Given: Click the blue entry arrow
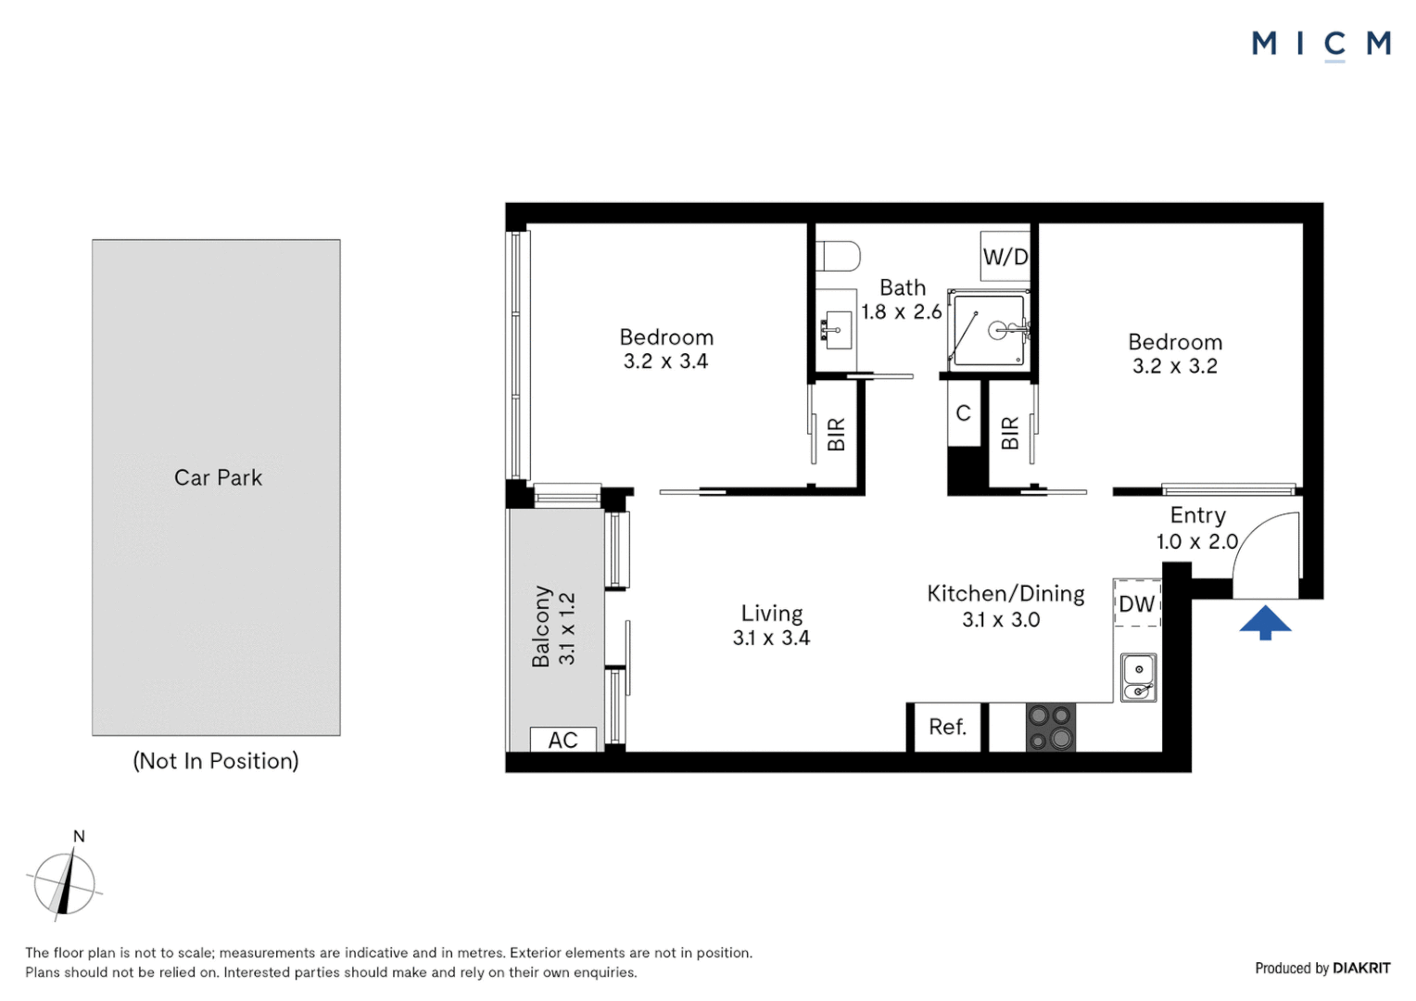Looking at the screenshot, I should click(x=1265, y=622).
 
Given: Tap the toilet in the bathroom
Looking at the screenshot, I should click(x=838, y=256).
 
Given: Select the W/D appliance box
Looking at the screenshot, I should click(x=1005, y=257).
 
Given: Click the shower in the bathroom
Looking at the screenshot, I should click(x=990, y=330).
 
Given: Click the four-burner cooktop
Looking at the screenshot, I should click(x=1050, y=727).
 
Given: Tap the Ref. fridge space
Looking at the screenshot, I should click(x=947, y=728).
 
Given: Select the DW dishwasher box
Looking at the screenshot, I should click(x=1137, y=604).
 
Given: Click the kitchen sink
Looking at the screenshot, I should click(x=1138, y=678).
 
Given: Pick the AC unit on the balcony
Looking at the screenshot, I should click(x=563, y=740).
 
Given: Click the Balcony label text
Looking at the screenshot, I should click(x=542, y=626).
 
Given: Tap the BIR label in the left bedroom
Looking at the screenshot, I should click(x=836, y=434).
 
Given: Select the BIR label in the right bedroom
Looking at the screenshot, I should click(x=1010, y=433).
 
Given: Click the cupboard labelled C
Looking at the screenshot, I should click(x=964, y=413).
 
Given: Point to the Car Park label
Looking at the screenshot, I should click(x=218, y=477).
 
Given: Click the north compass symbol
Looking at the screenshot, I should click(x=64, y=883).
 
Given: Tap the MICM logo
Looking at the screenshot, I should click(x=1321, y=44).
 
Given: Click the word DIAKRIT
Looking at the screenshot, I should click(x=1360, y=968).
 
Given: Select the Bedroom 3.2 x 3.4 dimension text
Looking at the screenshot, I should click(x=665, y=361).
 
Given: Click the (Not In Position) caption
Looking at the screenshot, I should click(x=216, y=761).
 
